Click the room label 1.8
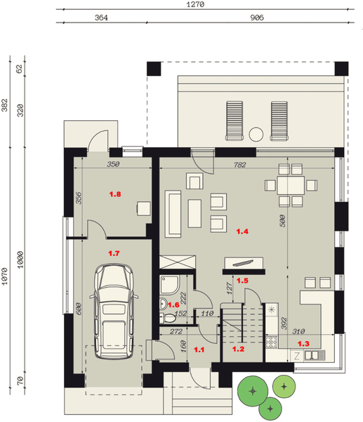[115, 194]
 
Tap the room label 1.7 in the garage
[114, 253]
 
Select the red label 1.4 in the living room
[242, 231]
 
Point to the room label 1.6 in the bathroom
[173, 305]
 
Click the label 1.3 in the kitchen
[303, 344]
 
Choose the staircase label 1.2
[238, 349]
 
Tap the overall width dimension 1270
[195, 4]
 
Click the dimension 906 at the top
[257, 18]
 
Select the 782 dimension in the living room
[239, 165]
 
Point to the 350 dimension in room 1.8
[113, 164]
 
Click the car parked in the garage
[114, 312]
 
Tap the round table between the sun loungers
[256, 134]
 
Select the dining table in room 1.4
[291, 185]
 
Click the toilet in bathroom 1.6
[168, 319]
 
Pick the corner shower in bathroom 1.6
[170, 285]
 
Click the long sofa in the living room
[173, 214]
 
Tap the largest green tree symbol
[253, 391]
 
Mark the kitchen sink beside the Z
[315, 355]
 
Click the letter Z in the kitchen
[296, 356]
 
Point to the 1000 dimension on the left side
[20, 260]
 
